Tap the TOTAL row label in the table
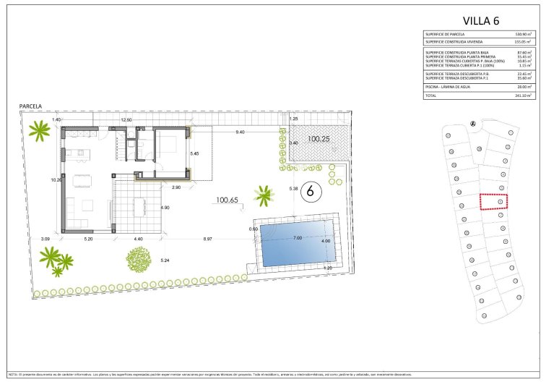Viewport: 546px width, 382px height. [x=431, y=95]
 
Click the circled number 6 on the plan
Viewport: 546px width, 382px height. [x=310, y=192]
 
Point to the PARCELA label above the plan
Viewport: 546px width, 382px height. [x=30, y=106]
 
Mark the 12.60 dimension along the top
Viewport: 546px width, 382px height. [x=126, y=119]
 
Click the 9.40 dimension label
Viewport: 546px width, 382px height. [x=240, y=132]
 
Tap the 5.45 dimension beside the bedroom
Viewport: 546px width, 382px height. [x=194, y=153]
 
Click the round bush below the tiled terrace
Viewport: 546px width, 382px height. [x=139, y=258]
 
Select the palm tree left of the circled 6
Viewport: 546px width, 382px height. [x=264, y=194]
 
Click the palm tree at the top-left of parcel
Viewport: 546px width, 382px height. [x=38, y=131]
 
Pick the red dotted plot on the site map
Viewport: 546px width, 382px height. [x=494, y=201]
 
